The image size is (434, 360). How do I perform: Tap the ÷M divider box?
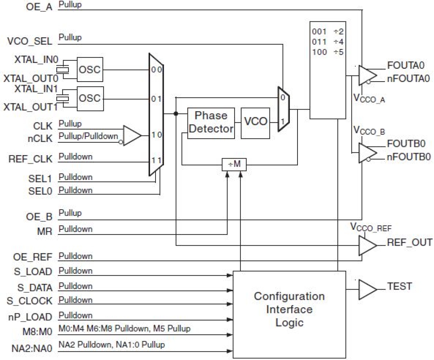[234, 164]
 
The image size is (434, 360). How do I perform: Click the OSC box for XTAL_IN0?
[90, 69]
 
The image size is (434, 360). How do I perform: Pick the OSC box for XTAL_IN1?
[90, 98]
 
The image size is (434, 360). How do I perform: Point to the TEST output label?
[399, 286]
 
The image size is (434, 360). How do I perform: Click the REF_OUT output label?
[409, 243]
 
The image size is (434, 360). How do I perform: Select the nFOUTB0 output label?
[408, 157]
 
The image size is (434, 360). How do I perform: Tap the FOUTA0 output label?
[405, 65]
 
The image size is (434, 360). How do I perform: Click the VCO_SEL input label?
[29, 41]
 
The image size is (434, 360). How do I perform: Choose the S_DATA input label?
[35, 287]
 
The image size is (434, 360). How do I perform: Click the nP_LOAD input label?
[30, 317]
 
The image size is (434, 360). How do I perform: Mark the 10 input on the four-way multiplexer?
[156, 135]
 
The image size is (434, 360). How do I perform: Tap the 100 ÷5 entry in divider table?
[327, 52]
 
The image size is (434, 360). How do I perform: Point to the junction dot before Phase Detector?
[176, 113]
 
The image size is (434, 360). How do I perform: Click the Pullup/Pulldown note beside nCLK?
[88, 136]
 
